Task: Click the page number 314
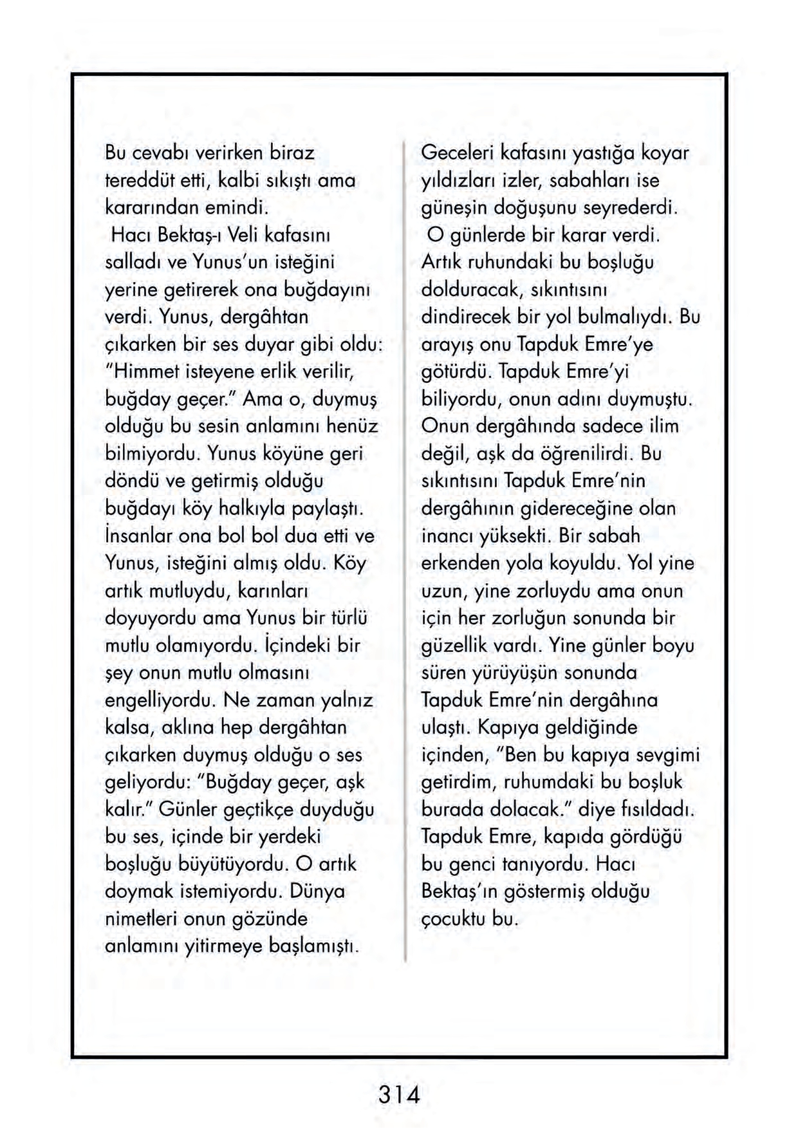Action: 399,1094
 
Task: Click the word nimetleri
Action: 142,919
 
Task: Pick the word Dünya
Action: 317,891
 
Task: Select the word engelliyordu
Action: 160,700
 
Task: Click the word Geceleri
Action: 457,153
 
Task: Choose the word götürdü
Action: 457,371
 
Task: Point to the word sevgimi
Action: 668,754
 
